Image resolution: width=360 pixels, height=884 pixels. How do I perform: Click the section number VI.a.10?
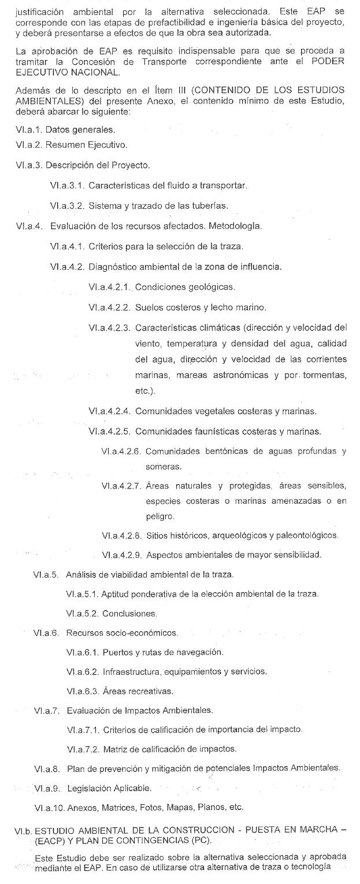tap(49, 807)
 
